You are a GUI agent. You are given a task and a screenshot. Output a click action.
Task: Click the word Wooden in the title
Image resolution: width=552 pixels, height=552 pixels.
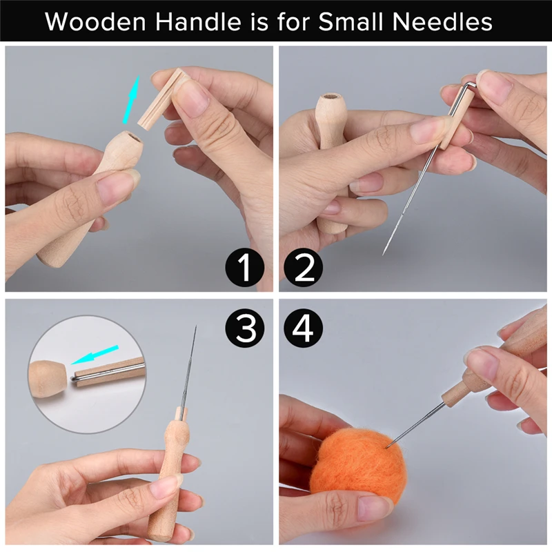(95, 22)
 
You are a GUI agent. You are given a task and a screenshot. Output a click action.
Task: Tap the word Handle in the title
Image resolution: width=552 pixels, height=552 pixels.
(198, 21)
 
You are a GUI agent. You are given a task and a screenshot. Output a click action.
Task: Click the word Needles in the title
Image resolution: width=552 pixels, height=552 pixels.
(442, 21)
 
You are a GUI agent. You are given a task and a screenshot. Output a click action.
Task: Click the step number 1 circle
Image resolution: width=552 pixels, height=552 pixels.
(245, 267)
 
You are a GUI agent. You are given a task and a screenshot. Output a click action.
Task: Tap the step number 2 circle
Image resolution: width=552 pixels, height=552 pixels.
(303, 267)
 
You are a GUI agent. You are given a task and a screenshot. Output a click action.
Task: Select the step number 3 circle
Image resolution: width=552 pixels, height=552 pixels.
(245, 329)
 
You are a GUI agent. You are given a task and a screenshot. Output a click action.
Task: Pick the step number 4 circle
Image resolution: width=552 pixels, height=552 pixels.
(303, 329)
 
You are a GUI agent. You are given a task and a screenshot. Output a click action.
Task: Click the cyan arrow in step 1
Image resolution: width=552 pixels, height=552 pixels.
(131, 99)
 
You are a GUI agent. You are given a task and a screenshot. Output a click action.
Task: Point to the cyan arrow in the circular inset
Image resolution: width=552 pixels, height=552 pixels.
(95, 355)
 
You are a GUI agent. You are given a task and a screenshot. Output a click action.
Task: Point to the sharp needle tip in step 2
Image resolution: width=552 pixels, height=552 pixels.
(383, 254)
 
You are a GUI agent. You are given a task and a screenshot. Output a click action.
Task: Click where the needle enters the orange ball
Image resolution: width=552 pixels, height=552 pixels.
(387, 447)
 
